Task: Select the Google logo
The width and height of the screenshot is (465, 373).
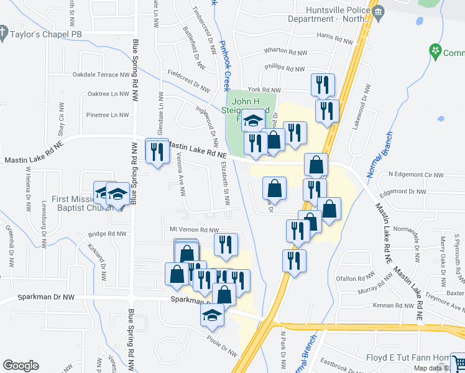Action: pos(21,366)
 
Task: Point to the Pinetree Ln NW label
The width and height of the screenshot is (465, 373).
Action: pos(108,115)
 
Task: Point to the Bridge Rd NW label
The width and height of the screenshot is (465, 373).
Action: pos(107,234)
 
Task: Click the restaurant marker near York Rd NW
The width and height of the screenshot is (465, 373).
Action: pos(323,85)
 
